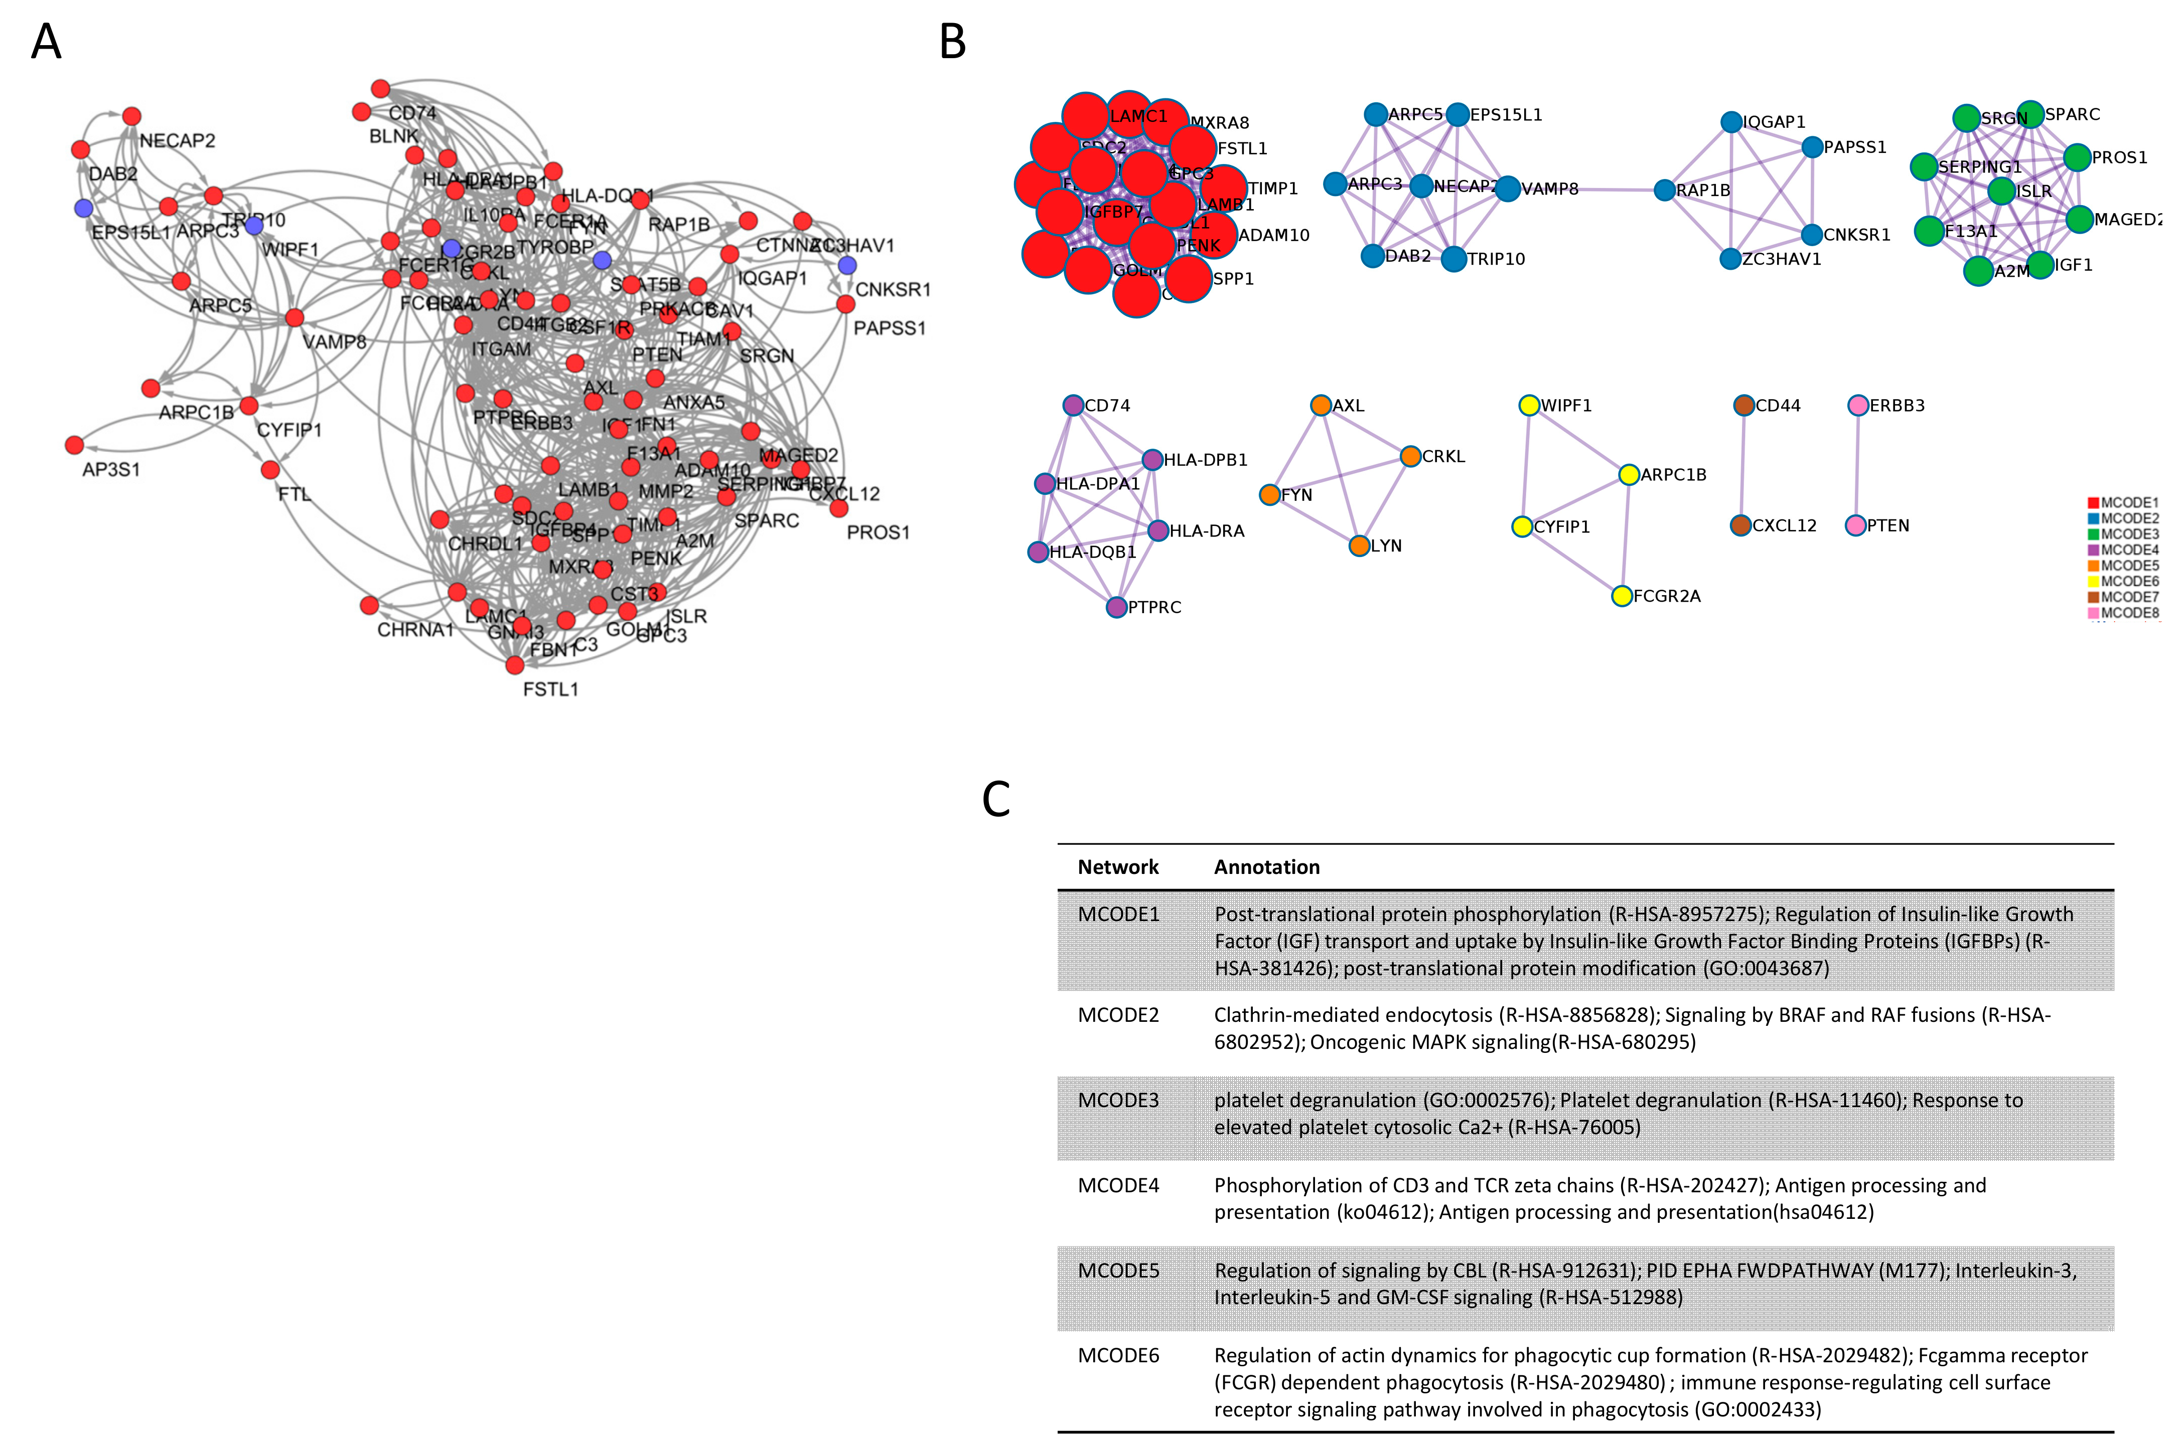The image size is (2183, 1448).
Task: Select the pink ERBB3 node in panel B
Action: pos(1858,406)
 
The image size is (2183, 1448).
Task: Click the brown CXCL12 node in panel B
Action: pos(1740,525)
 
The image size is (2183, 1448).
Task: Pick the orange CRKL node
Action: pos(1410,456)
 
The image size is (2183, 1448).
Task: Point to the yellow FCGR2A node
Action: pos(1621,596)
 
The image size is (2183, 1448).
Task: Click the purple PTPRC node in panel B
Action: pos(1116,607)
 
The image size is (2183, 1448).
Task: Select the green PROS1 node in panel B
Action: pos(2077,158)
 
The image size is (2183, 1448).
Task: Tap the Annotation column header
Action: pos(1266,867)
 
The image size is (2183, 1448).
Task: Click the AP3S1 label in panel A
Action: pos(111,469)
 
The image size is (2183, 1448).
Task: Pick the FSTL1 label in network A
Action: pos(550,689)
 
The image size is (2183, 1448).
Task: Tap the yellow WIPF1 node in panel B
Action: pos(1529,406)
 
